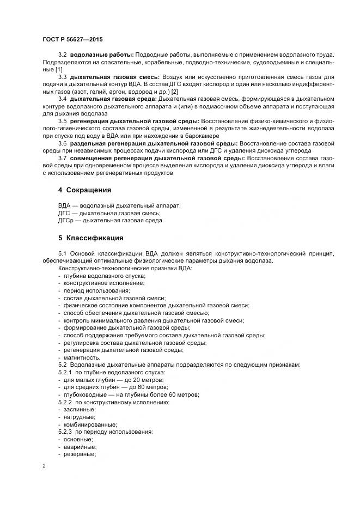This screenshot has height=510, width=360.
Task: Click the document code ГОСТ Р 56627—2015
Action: point(72,40)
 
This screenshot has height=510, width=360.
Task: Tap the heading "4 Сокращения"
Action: point(84,190)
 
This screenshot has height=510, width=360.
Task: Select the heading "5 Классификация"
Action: point(90,238)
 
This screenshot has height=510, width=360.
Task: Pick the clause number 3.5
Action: point(62,120)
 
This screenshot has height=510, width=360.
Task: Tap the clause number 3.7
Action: point(62,158)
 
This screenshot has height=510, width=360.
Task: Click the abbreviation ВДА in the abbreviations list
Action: point(64,205)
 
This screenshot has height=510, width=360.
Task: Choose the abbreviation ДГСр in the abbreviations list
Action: point(66,221)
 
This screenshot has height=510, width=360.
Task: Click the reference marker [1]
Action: point(59,69)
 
